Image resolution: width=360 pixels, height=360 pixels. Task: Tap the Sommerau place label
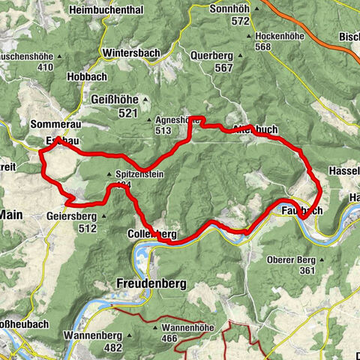tap(55, 122)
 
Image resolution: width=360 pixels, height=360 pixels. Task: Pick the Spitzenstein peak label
tap(139, 174)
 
